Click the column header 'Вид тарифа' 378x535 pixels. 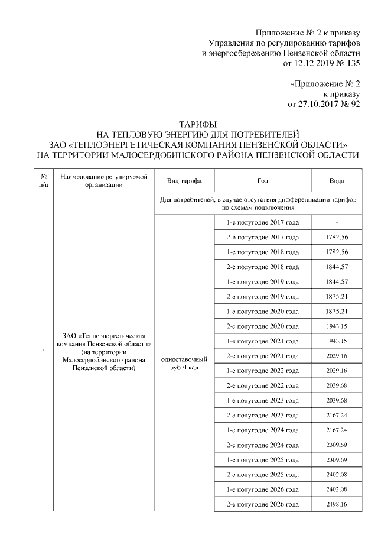[184, 181]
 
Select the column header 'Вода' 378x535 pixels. [336, 181]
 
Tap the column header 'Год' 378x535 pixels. [263, 181]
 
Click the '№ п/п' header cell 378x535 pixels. [44, 181]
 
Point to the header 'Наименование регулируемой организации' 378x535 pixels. [103, 181]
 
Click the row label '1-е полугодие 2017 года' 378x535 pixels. [263, 222]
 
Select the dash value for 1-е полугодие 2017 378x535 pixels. [336, 222]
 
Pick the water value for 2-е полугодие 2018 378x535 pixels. [336, 267]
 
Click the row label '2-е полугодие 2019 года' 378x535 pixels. [263, 296]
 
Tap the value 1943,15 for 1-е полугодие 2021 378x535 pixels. [336, 341]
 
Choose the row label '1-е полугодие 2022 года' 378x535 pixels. [263, 371]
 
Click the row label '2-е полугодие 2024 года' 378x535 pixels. [263, 445]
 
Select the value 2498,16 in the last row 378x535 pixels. [336, 505]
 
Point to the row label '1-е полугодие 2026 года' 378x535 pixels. [263, 489]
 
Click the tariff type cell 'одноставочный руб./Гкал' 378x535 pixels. [184, 364]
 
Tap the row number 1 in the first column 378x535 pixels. [44, 353]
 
